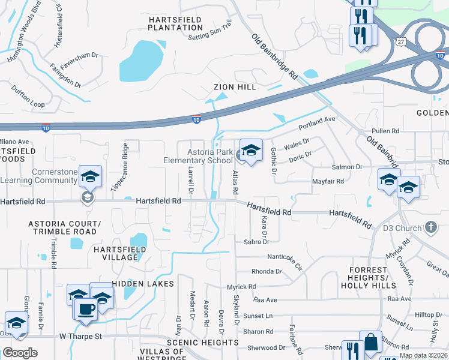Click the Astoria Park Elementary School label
[198, 156]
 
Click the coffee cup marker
[86, 309]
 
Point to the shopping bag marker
[370, 342]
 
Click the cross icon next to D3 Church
[430, 227]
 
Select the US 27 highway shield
[400, 41]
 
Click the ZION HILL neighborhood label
[235, 87]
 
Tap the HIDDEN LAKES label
[142, 283]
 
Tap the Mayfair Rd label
[327, 181]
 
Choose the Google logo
[20, 353]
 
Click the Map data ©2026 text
[423, 355]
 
